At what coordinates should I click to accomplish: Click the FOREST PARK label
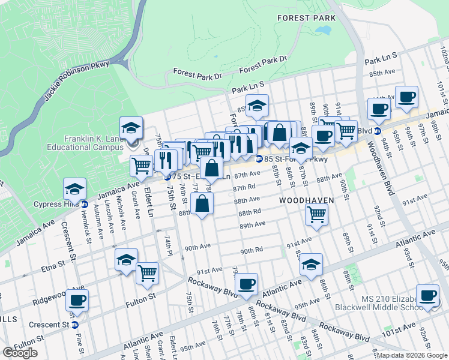point(306,19)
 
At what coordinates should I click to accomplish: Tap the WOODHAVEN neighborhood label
point(306,199)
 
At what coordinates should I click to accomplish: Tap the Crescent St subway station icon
point(74,325)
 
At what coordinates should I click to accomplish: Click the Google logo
point(20,353)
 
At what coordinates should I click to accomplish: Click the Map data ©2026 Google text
point(412,355)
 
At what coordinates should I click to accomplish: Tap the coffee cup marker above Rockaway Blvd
point(246,284)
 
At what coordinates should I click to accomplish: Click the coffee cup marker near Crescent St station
point(77,300)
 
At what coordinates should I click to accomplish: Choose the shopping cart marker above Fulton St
point(147,273)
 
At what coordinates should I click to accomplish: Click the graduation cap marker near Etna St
point(126,260)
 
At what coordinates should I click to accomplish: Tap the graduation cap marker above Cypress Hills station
point(75,190)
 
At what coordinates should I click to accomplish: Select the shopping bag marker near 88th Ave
point(203,203)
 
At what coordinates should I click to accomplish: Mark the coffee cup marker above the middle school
point(427,295)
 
